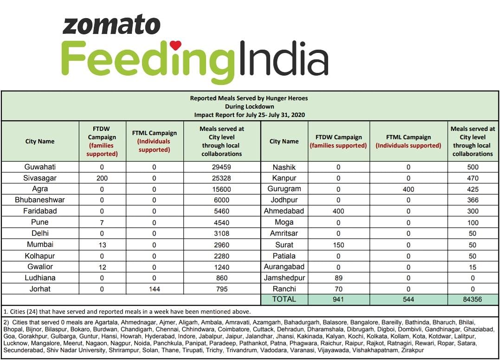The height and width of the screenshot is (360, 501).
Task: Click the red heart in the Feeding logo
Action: pos(175,45)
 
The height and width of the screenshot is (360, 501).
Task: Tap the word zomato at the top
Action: pos(111,26)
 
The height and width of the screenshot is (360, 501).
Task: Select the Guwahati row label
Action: pos(40,167)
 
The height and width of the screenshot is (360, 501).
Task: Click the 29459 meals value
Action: pos(221,167)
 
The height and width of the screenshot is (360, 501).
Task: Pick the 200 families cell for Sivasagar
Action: pos(102,178)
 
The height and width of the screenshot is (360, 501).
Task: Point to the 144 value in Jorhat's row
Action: pos(154,289)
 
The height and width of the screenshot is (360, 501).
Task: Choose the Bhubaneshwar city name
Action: pos(40,200)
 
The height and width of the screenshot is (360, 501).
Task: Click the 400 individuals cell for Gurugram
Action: pos(408,189)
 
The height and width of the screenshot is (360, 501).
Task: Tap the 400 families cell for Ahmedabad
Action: pos(338,212)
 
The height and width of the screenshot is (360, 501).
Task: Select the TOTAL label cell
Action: pos(284,299)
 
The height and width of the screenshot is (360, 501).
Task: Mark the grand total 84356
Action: pos(472,300)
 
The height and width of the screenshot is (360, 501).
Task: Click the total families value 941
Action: pos(338,300)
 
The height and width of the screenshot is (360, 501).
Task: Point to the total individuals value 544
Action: pos(408,300)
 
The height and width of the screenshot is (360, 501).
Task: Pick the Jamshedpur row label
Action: pos(284,278)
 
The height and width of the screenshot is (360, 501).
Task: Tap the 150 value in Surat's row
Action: pos(338,245)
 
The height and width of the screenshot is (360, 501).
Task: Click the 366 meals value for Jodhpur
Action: pos(472,200)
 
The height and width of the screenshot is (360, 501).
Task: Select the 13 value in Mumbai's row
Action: pos(102,244)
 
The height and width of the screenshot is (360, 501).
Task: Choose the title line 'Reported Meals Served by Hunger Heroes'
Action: pos(249,98)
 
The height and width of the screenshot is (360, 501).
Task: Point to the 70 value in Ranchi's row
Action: pos(338,289)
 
